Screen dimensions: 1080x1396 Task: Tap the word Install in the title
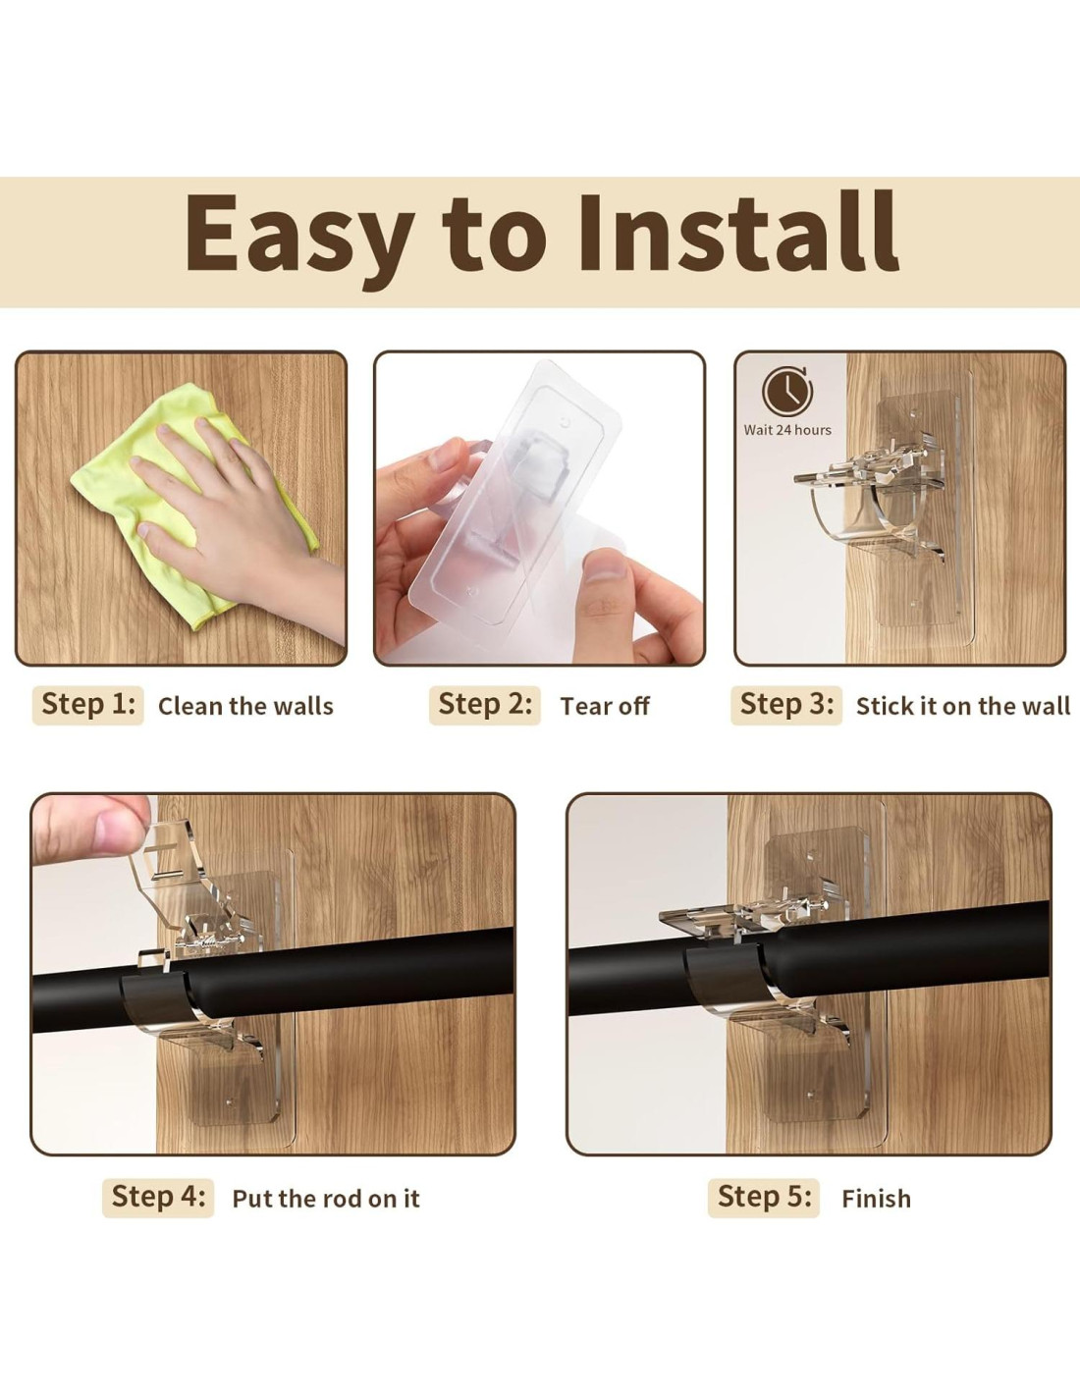[x=739, y=231]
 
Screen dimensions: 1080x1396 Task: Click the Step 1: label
[x=88, y=705]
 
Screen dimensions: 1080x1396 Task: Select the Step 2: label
[x=484, y=705]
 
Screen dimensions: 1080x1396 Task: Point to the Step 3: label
[x=786, y=705]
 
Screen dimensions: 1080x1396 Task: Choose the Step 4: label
[x=158, y=1198]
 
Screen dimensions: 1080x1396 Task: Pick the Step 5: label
[x=764, y=1198]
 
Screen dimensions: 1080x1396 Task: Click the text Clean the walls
[x=246, y=706]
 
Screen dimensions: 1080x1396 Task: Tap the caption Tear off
[x=605, y=706]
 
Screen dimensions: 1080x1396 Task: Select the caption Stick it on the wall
[x=963, y=706]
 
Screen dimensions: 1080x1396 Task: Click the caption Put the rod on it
[x=326, y=1199]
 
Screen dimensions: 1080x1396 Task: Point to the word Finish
[x=877, y=1199]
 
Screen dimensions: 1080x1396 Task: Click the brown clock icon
[x=787, y=392]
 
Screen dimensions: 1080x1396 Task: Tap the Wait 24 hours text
[x=787, y=430]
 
